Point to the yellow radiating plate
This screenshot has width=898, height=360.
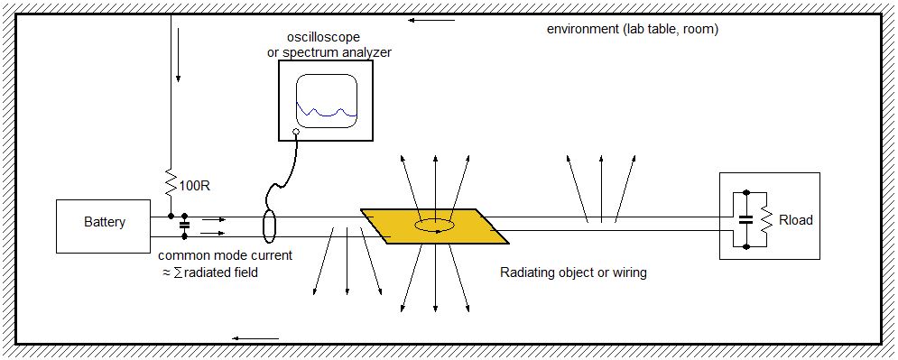point(435,226)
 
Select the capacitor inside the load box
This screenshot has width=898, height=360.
point(745,218)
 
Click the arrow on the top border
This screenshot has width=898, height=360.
point(421,20)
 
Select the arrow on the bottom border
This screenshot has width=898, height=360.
point(248,337)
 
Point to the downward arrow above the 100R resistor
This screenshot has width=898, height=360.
point(179,61)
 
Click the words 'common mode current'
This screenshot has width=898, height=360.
point(216,255)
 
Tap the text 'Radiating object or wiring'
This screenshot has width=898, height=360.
point(573,271)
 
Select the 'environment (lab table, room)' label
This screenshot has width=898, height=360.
point(632,29)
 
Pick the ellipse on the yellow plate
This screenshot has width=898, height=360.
point(435,225)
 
